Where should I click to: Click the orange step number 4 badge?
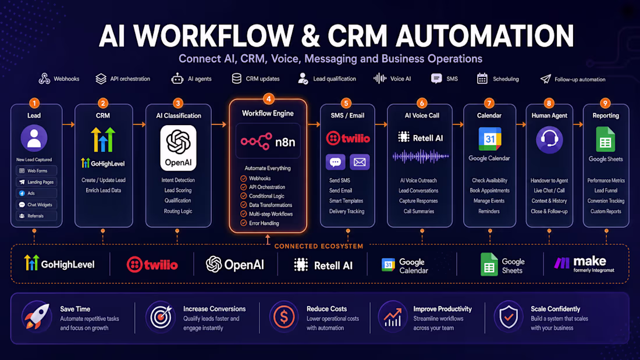click(269, 98)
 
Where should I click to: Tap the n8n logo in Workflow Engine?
click(268, 142)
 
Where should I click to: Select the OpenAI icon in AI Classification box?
click(179, 148)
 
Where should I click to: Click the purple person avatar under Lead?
click(34, 138)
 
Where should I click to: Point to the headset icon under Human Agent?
click(549, 140)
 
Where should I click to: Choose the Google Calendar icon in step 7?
click(489, 139)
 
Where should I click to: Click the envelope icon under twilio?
click(360, 162)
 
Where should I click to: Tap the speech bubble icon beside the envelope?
click(336, 162)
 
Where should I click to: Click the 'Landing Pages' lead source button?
click(36, 182)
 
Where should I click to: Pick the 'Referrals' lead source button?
click(36, 216)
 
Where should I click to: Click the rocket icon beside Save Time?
click(37, 317)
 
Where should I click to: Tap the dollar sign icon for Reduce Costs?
click(284, 317)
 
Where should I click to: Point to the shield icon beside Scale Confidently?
click(509, 317)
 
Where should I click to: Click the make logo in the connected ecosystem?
click(584, 264)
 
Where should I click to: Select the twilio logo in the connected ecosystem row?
click(152, 265)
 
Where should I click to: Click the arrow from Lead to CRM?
click(69, 124)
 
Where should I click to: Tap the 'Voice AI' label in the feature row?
click(400, 79)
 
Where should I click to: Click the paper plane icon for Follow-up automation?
click(545, 79)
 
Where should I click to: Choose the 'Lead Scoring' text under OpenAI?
click(178, 190)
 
